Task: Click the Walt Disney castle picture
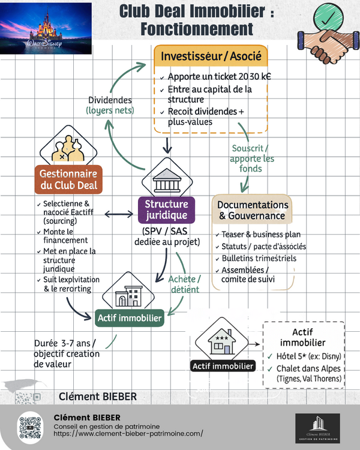[x=46, y=28]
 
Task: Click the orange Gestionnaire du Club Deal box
[x=68, y=179]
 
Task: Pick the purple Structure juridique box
[x=166, y=210]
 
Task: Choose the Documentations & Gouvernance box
[x=252, y=209]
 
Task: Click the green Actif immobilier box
[x=130, y=318]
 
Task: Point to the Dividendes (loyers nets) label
[x=110, y=105]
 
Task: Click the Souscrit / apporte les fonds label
[x=252, y=158]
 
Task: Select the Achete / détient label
[x=184, y=284]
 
